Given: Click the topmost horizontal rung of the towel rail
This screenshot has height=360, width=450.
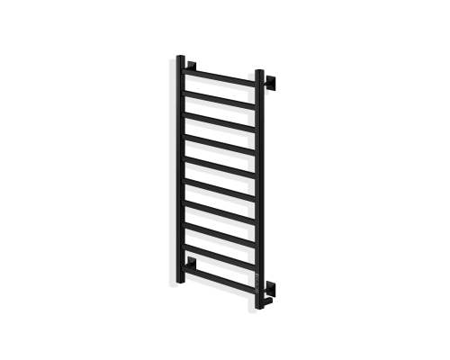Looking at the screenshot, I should [220, 76].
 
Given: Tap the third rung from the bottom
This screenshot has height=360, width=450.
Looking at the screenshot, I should [220, 220].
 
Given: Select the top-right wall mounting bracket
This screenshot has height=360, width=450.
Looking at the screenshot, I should [269, 82].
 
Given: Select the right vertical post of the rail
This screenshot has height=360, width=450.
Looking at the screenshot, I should [260, 180].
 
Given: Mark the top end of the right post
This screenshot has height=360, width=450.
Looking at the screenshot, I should [260, 71].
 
